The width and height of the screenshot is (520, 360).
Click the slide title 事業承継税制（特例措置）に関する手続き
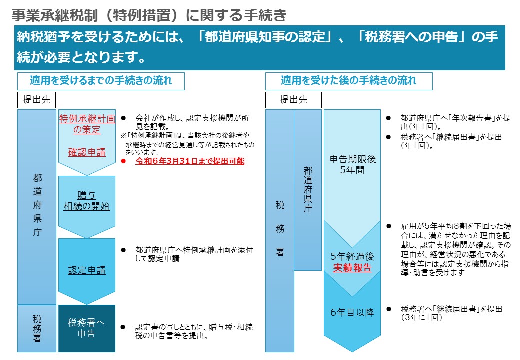[x=149, y=15]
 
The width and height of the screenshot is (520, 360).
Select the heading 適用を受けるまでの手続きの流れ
[x=101, y=81]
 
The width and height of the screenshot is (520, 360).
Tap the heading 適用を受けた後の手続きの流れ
[x=349, y=81]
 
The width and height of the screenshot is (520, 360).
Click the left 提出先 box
[x=37, y=100]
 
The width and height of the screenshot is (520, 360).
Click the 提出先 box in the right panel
[x=294, y=100]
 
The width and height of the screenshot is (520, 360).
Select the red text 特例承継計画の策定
[x=87, y=124]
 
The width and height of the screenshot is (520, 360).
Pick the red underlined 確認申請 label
[x=87, y=152]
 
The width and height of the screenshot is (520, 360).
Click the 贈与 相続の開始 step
[x=87, y=201]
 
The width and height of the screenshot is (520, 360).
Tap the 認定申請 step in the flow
[x=87, y=270]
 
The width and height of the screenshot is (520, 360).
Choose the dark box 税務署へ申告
[x=87, y=328]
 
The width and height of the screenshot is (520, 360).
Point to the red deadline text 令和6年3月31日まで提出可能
[x=190, y=161]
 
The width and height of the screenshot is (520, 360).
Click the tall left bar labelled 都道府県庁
[x=37, y=207]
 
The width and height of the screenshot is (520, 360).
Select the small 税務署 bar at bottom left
[x=37, y=328]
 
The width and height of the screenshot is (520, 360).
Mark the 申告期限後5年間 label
[x=352, y=165]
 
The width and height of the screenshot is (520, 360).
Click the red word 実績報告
[x=352, y=268]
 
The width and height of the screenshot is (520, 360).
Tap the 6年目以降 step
[x=352, y=312]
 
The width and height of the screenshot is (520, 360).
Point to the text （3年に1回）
[x=421, y=318]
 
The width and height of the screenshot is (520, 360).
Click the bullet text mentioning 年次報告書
[x=455, y=122]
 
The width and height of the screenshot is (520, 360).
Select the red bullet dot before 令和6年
[x=123, y=161]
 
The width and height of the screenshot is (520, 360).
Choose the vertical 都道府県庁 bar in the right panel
[x=308, y=190]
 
